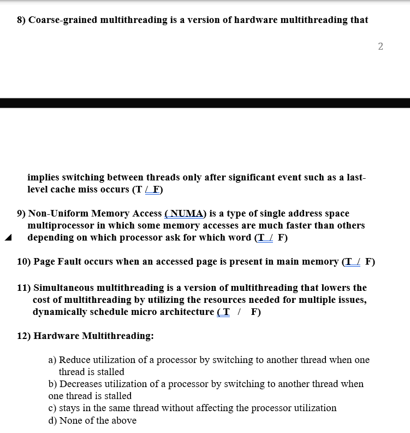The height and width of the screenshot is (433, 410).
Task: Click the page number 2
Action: pyautogui.click(x=381, y=46)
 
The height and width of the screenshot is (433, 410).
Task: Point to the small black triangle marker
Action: pyautogui.click(x=8, y=238)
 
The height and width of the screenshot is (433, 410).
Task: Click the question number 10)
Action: pyautogui.click(x=24, y=262)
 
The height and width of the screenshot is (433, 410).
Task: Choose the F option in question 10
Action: pyautogui.click(x=370, y=262)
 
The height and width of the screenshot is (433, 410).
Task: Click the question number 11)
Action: pyautogui.click(x=24, y=288)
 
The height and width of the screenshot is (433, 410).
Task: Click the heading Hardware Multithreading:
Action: pyautogui.click(x=93, y=336)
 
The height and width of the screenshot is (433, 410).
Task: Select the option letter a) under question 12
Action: pyautogui.click(x=52, y=360)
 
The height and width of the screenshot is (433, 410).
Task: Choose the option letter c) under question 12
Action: pyautogui.click(x=52, y=408)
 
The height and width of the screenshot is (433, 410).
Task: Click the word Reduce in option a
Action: pyautogui.click(x=74, y=360)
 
